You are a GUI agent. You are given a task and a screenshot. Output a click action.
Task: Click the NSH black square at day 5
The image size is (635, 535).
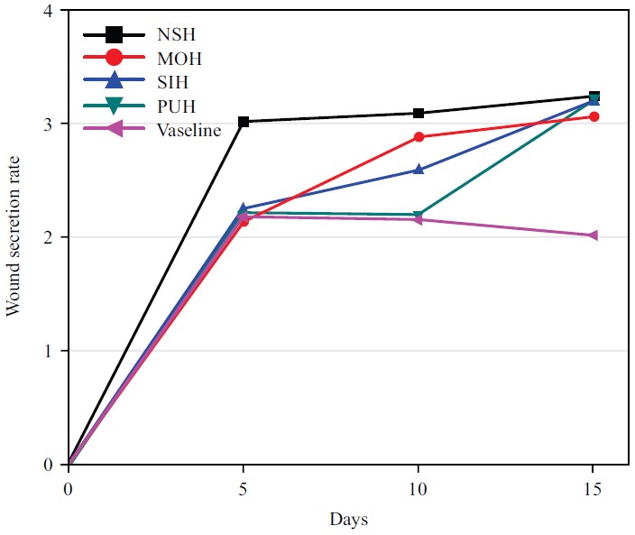click(x=244, y=122)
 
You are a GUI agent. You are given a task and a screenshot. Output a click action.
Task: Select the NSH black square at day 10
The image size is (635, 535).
click(x=419, y=114)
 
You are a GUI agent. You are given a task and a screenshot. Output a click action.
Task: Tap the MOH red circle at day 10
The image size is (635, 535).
click(x=419, y=137)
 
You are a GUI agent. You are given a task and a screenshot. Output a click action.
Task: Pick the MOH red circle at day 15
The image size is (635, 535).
click(x=594, y=116)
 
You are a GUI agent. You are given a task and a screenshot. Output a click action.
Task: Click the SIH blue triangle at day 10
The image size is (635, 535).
click(x=419, y=170)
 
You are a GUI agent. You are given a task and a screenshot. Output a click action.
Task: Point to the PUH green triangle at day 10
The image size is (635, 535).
click(x=419, y=216)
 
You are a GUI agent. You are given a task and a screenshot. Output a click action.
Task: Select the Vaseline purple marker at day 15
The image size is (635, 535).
click(x=593, y=235)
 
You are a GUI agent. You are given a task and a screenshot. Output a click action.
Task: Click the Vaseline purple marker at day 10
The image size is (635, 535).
click(x=419, y=220)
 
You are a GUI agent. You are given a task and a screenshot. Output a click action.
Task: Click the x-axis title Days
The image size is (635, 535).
click(x=347, y=520)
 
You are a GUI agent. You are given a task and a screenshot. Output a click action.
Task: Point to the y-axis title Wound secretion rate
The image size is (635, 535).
click(x=14, y=237)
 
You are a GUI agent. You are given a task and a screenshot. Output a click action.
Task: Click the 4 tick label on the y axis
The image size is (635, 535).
click(x=47, y=11)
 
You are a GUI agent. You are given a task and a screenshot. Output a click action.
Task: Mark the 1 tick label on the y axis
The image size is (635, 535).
click(x=47, y=351)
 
